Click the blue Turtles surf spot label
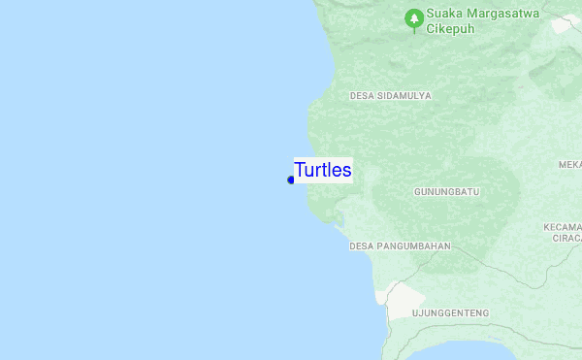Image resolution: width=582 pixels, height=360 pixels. pos(323,170)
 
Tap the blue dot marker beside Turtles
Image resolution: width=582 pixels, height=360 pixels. pos(291,180)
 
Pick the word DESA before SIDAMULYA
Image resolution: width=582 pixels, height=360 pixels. pos(362,96)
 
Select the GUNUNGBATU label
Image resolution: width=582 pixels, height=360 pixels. pos(446,192)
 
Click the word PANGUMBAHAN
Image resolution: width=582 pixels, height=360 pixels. pos(414,246)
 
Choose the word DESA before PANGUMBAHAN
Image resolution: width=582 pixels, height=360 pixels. pos(362,246)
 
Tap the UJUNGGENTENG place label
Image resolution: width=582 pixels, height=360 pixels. pos(450,313)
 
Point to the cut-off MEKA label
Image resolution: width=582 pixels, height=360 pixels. pos(570,165)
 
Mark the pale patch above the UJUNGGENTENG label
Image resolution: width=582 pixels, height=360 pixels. pos(404,297)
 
